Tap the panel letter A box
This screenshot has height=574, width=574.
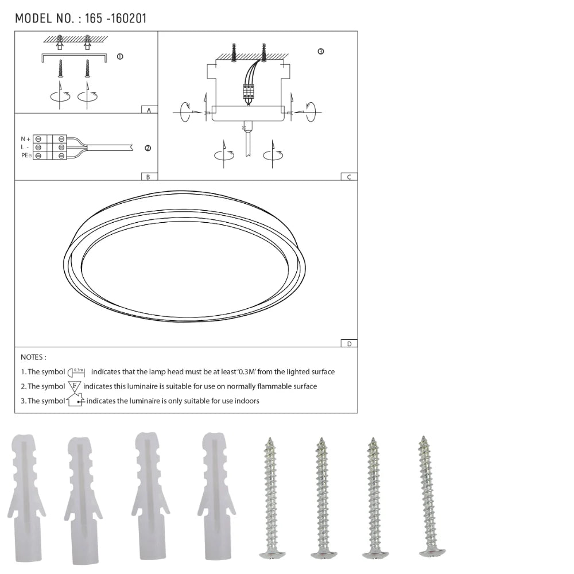pyautogui.click(x=149, y=109)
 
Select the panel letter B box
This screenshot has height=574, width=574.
pyautogui.click(x=148, y=177)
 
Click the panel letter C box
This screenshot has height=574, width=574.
pyautogui.click(x=348, y=177)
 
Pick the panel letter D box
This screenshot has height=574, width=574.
pyautogui.click(x=348, y=343)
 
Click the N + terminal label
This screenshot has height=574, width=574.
pyautogui.click(x=25, y=139)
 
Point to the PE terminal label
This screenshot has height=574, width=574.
pyautogui.click(x=26, y=156)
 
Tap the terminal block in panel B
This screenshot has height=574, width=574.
pyautogui.click(x=49, y=147)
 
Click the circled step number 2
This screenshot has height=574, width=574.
pyautogui.click(x=148, y=148)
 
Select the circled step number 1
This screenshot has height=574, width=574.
pyautogui.click(x=119, y=57)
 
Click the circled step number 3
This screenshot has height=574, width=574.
pyautogui.click(x=320, y=52)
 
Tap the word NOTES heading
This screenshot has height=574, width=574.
pyautogui.click(x=33, y=357)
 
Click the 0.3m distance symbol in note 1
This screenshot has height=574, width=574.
pyautogui.click(x=77, y=372)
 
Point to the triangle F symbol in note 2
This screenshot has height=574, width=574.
pyautogui.click(x=75, y=386)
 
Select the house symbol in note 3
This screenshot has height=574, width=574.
pyautogui.click(x=75, y=400)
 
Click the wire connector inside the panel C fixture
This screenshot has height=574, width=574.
pyautogui.click(x=249, y=92)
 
